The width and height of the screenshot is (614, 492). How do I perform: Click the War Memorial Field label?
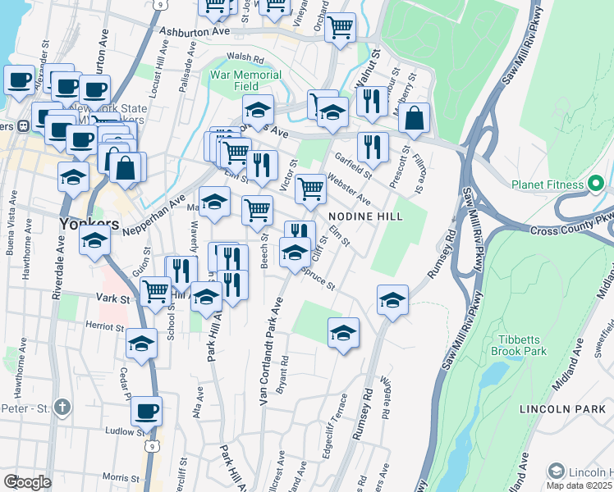click(245, 80)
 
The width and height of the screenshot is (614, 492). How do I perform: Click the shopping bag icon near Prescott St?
click(415, 118)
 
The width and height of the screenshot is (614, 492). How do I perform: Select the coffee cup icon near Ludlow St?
click(146, 411)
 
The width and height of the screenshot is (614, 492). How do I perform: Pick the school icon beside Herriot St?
click(142, 344)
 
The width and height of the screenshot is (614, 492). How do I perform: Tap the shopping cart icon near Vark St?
click(154, 291)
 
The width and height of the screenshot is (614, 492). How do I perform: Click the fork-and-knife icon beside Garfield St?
click(373, 147)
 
